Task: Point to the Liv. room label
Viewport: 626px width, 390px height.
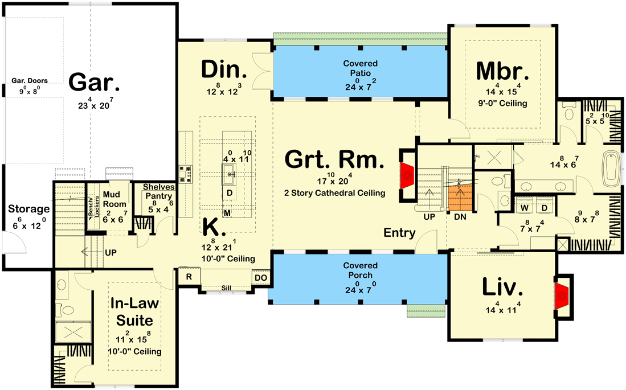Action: click(502, 288)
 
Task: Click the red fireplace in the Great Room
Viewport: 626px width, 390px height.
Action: click(407, 176)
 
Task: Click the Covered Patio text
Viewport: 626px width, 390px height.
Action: click(360, 68)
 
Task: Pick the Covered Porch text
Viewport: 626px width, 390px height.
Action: click(360, 270)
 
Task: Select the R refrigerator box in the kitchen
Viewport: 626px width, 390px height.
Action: click(189, 277)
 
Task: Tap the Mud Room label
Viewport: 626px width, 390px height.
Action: click(114, 199)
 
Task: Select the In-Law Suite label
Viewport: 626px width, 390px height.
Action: click(134, 311)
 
